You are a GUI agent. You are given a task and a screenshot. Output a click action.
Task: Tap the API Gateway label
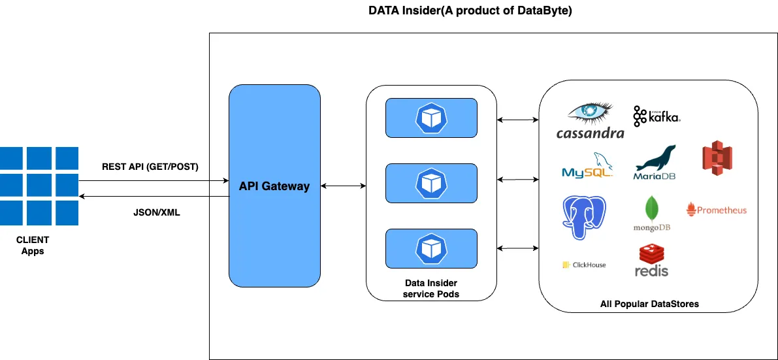(274, 186)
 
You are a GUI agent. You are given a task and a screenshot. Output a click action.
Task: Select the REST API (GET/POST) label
(150, 167)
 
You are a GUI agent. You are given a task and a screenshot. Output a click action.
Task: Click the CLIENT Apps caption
(33, 246)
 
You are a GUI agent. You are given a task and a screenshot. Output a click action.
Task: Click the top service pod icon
(431, 118)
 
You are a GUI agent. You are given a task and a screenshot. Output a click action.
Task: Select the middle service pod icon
(431, 183)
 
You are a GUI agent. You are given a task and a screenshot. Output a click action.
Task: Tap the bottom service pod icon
(431, 248)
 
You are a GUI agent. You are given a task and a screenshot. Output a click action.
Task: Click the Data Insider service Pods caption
(431, 288)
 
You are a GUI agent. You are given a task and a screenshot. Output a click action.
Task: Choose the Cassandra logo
(590, 121)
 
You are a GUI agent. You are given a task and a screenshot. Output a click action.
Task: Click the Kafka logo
(656, 116)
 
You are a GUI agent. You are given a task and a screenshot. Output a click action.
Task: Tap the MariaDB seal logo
(655, 163)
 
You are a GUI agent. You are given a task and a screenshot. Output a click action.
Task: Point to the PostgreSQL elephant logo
(585, 216)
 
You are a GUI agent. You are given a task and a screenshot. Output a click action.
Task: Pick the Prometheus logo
(717, 210)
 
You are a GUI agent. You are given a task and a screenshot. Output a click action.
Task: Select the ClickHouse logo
(584, 265)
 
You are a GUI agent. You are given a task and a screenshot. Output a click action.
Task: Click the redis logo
(652, 260)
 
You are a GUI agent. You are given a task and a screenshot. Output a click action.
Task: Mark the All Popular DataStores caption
(649, 304)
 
